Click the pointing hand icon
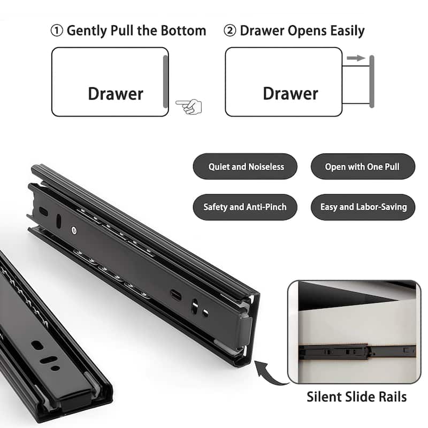tap(189, 106)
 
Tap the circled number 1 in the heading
tap(57, 30)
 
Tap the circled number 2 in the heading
tap(230, 30)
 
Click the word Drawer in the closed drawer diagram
tap(116, 94)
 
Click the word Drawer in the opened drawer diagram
tap(291, 94)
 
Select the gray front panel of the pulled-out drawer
tap(372, 81)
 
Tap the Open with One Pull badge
tap(362, 167)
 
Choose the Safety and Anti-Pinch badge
tap(245, 207)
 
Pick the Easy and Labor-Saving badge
tap(363, 207)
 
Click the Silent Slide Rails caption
tap(356, 397)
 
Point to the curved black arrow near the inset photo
tap(271, 372)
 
